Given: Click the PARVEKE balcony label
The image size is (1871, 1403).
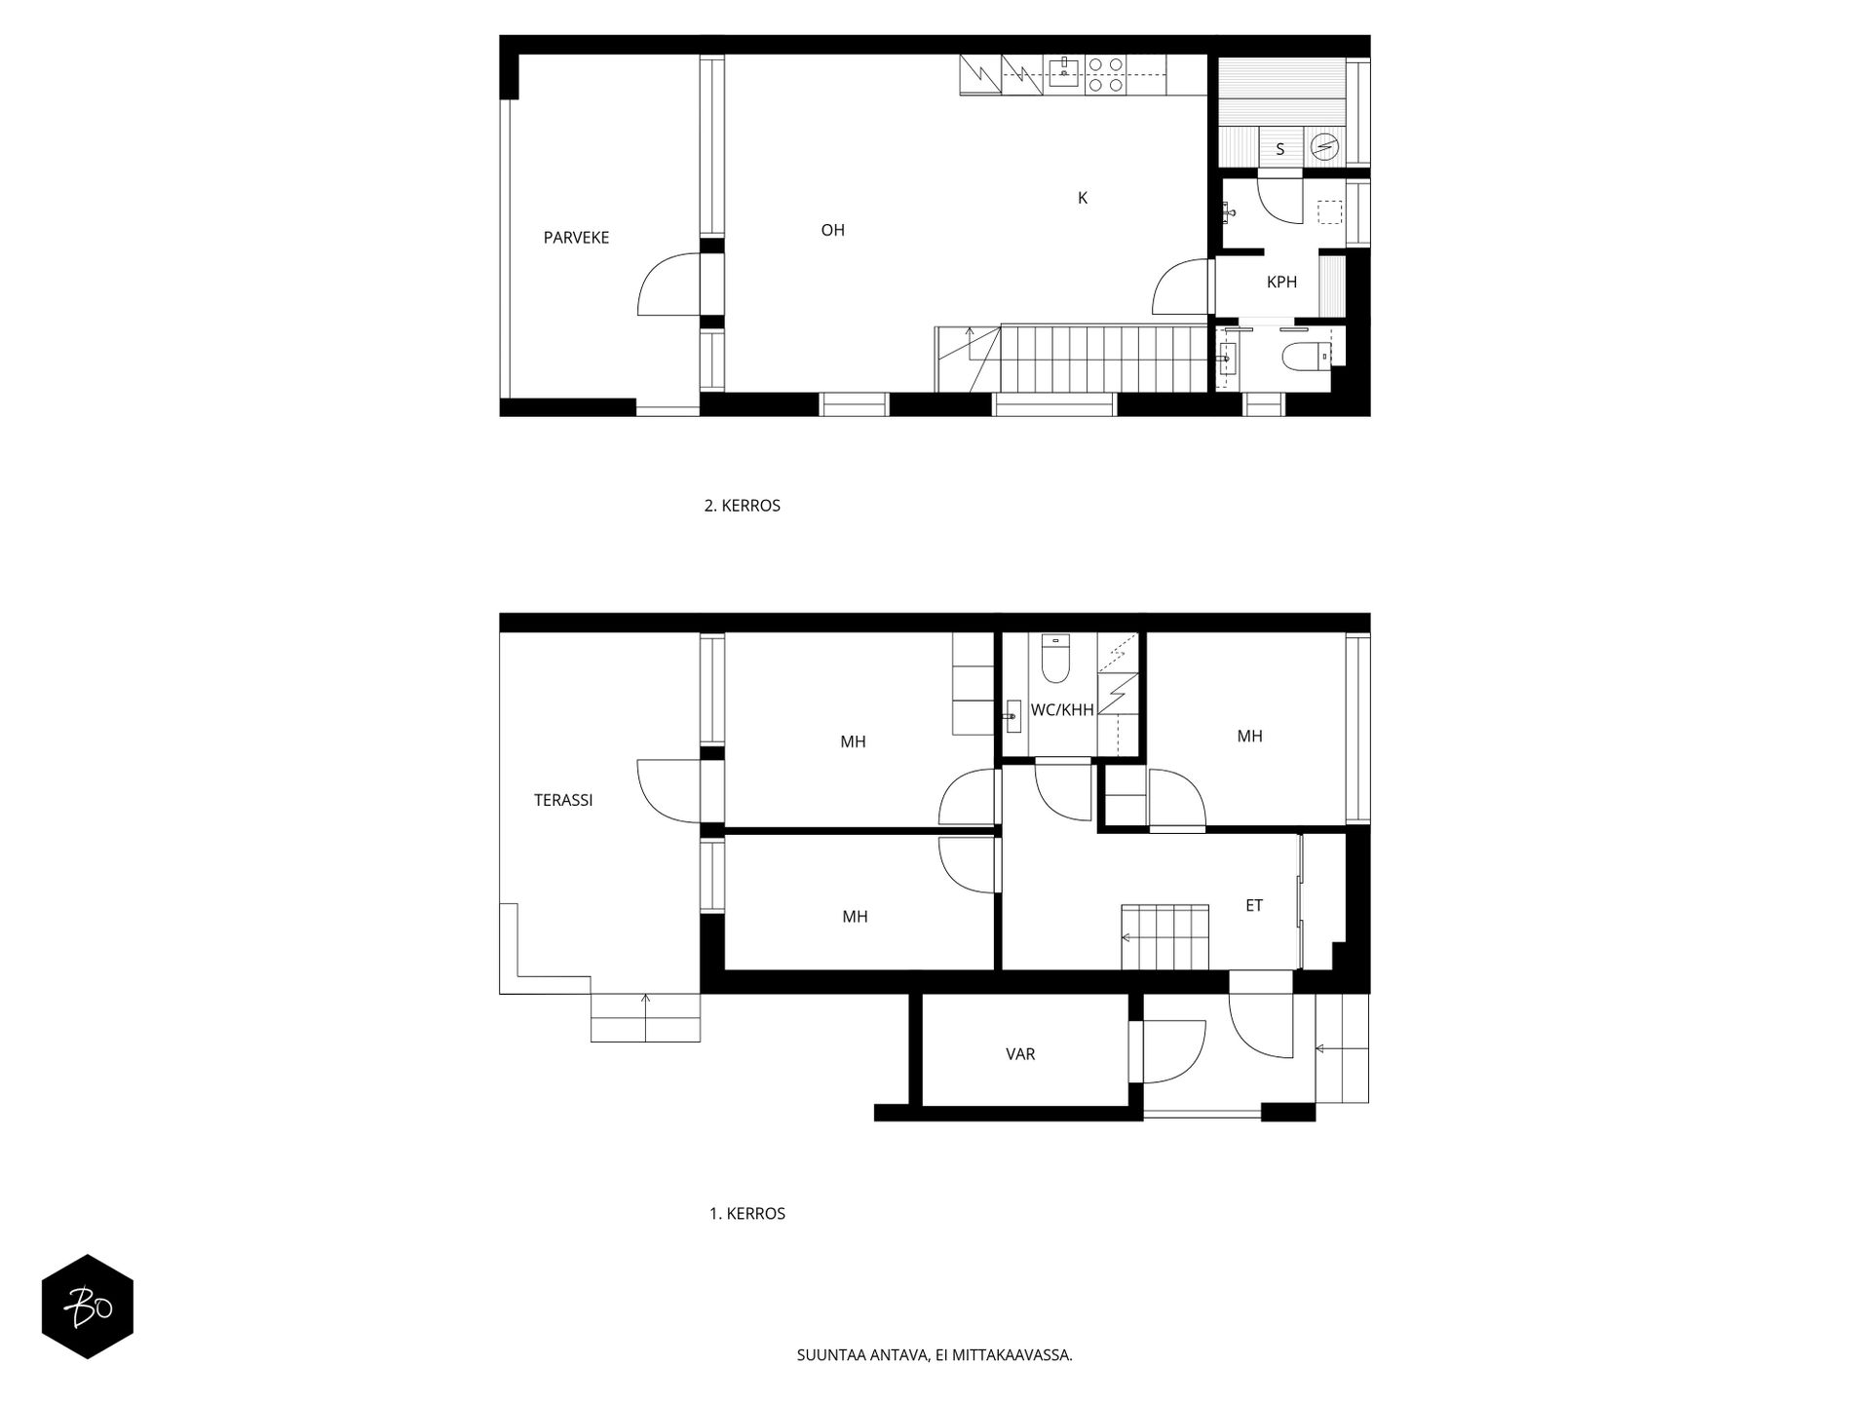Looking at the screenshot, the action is point(576,238).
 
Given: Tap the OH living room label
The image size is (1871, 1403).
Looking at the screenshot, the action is point(832,231).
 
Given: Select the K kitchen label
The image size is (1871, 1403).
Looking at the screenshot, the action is point(1082,198).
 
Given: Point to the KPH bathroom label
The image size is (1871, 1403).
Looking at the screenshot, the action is point(1281,283).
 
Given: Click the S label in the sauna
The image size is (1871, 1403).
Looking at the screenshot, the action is point(1280,149).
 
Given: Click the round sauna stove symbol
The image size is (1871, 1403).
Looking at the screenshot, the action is point(1324,147).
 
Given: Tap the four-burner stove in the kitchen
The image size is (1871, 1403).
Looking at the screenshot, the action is point(1105,75).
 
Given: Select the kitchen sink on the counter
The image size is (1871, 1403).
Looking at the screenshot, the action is point(1064,71).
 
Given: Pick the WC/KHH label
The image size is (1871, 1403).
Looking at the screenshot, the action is point(1062,710).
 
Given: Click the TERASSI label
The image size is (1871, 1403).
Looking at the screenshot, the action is point(563,801).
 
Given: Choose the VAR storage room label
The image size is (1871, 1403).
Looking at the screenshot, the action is point(1020,1054).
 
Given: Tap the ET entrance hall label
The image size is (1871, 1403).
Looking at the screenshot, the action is point(1254,906).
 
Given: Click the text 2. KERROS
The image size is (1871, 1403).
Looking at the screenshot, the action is point(743,507).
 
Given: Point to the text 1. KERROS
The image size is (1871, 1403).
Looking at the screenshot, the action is point(747,1214).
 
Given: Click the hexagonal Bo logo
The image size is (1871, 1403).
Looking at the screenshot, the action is point(88,1307).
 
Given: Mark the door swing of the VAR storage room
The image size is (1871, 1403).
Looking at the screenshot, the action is point(1174,1051).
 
